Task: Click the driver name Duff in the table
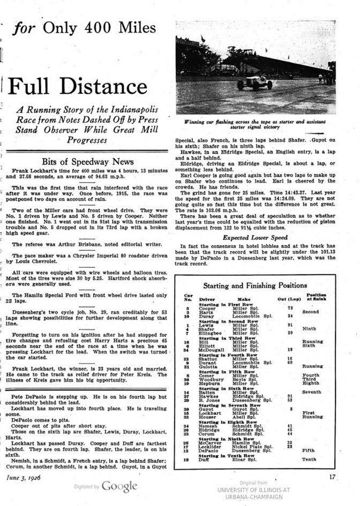click(x=205, y=459)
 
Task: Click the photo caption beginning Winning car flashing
click(x=254, y=125)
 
